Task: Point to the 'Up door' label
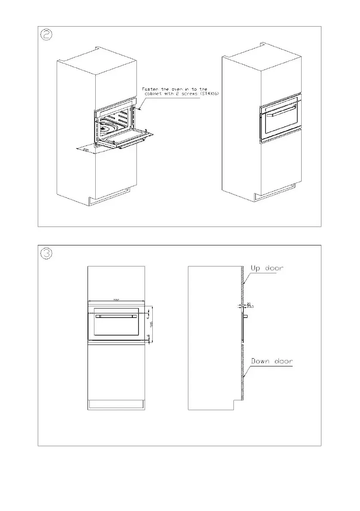tap(267, 268)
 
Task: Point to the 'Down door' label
tap(272, 361)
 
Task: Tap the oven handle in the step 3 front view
tap(116, 316)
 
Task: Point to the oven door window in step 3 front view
tap(116, 327)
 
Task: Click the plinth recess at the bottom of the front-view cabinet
tap(116, 404)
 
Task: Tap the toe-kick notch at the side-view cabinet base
tap(236, 403)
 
